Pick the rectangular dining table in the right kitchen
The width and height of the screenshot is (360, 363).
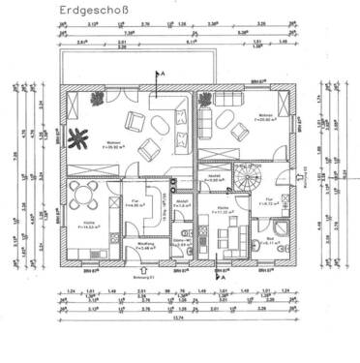[x=229, y=232]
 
